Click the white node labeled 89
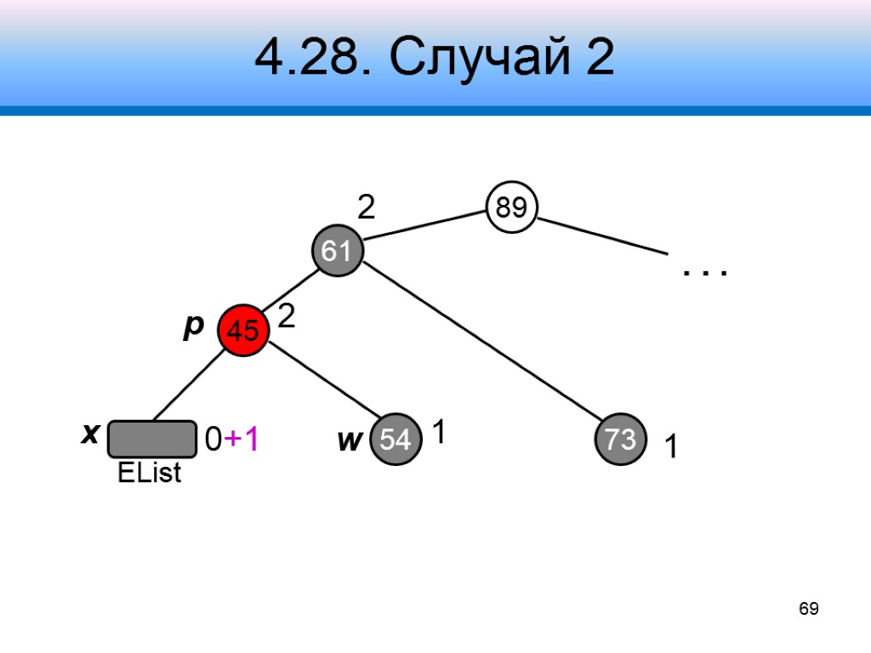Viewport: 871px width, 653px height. click(x=511, y=207)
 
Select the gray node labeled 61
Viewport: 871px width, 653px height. click(x=337, y=251)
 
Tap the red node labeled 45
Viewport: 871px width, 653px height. click(x=243, y=331)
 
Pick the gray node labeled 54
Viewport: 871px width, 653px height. click(x=396, y=440)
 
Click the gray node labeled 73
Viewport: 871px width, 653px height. click(x=621, y=440)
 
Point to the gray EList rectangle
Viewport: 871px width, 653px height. click(x=152, y=440)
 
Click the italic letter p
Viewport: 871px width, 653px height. click(x=194, y=326)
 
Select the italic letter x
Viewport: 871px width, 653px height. click(x=88, y=434)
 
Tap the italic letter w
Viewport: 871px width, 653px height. click(x=349, y=440)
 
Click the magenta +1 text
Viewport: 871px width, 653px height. click(x=242, y=440)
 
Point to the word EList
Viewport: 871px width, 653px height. click(x=150, y=474)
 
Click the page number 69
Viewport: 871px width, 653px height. click(x=808, y=609)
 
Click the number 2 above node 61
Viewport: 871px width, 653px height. click(x=366, y=207)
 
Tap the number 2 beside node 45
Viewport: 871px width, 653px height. click(x=287, y=318)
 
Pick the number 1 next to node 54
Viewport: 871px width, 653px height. click(x=439, y=434)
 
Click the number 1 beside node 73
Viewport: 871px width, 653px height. click(x=671, y=447)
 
